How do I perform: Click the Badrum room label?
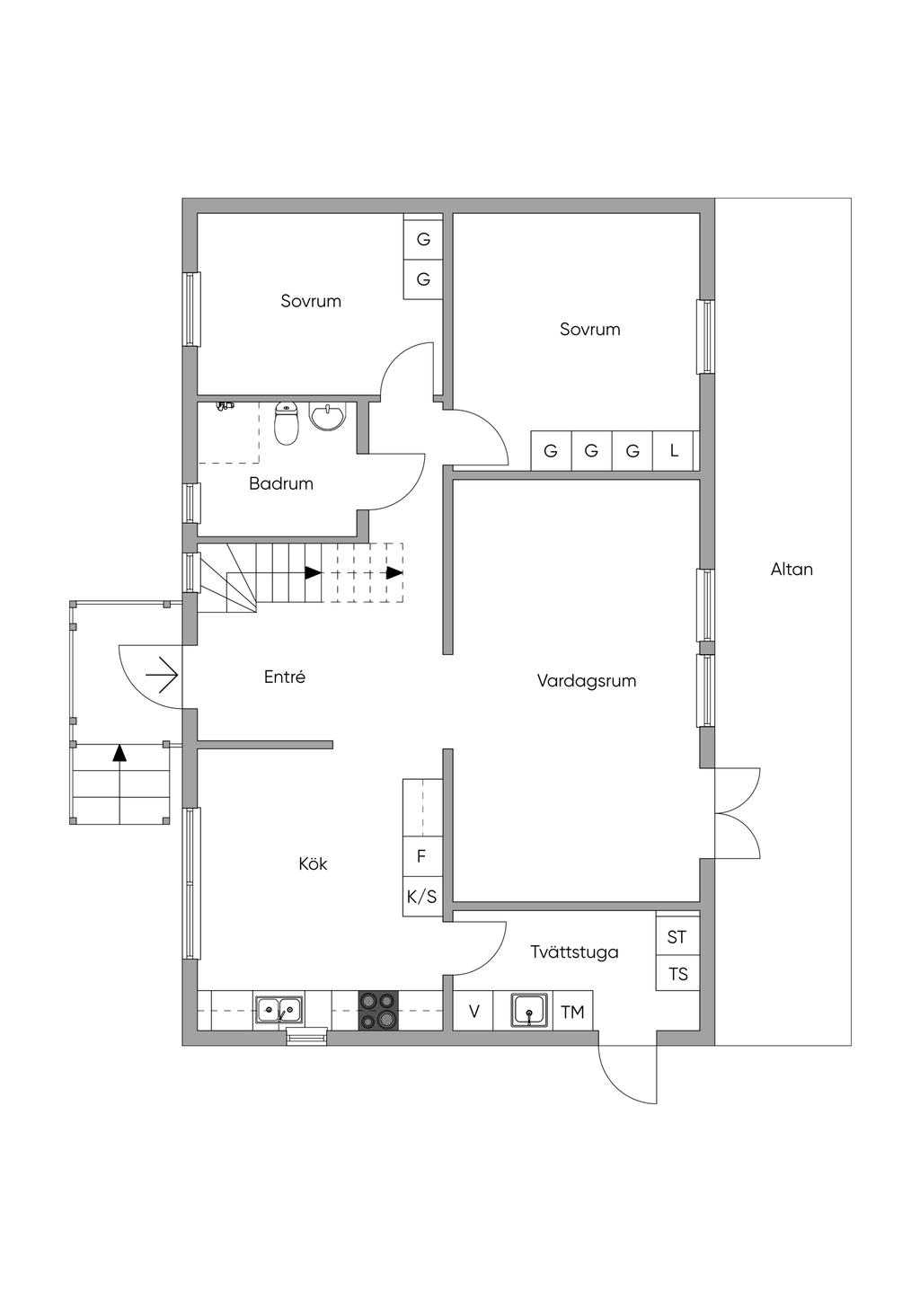(281, 483)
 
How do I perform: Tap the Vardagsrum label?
(587, 680)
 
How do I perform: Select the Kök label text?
(313, 863)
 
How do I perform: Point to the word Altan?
(792, 569)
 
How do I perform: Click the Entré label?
(285, 677)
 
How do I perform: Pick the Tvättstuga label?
(574, 951)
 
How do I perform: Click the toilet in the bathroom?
(286, 424)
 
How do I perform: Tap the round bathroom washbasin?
(327, 417)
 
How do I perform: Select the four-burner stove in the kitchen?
(377, 1010)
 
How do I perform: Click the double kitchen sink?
(279, 1010)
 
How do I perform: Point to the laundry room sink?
(530, 1010)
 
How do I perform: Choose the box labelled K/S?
(421, 896)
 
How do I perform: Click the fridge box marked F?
(421, 856)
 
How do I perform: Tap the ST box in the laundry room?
(677, 936)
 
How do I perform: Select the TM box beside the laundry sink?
(572, 1012)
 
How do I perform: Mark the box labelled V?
(474, 1012)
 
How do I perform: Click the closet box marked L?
(674, 450)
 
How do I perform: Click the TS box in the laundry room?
(677, 973)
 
